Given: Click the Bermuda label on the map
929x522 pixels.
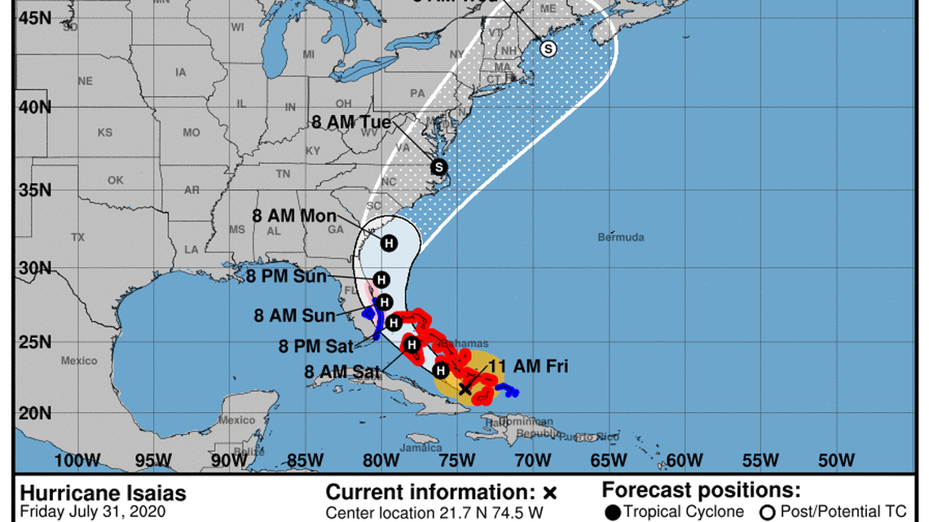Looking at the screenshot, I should [621, 237].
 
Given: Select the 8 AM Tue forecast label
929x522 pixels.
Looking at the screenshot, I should [351, 123].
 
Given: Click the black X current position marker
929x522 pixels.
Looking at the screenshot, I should [464, 389].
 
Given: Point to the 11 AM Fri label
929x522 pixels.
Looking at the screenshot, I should [527, 367].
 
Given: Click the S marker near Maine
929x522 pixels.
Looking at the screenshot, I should [548, 49].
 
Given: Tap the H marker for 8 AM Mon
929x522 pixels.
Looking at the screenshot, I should [389, 243].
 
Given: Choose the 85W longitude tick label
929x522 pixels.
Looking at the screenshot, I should [305, 461].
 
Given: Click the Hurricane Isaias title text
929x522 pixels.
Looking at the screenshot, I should [103, 493].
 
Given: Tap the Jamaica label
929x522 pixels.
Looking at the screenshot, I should [423, 449].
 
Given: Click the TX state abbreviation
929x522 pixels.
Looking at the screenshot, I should [78, 237].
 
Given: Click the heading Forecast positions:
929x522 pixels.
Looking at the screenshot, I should [701, 491].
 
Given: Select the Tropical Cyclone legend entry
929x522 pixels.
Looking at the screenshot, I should [676, 511].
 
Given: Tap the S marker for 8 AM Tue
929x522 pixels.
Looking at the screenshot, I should [439, 167].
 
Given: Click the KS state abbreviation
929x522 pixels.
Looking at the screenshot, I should [105, 132].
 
